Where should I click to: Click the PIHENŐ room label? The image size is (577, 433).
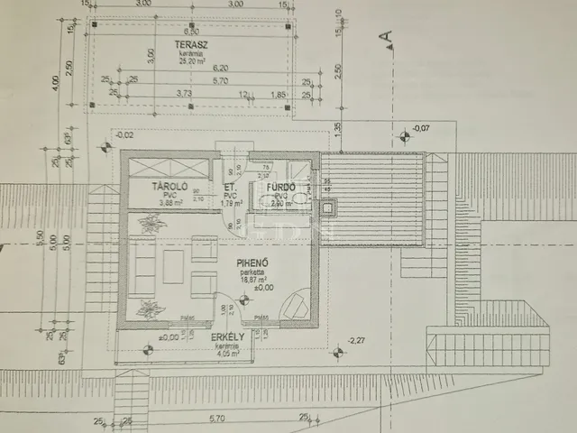tap(251, 266)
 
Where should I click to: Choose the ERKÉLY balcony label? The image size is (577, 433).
tap(229, 337)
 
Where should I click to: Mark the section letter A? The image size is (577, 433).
tap(386, 37)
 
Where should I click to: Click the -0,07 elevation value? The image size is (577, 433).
tap(421, 128)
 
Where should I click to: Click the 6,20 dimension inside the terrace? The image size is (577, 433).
tap(219, 67)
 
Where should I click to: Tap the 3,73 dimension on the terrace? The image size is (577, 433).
tap(185, 93)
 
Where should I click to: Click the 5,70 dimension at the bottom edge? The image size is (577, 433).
tap(216, 418)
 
